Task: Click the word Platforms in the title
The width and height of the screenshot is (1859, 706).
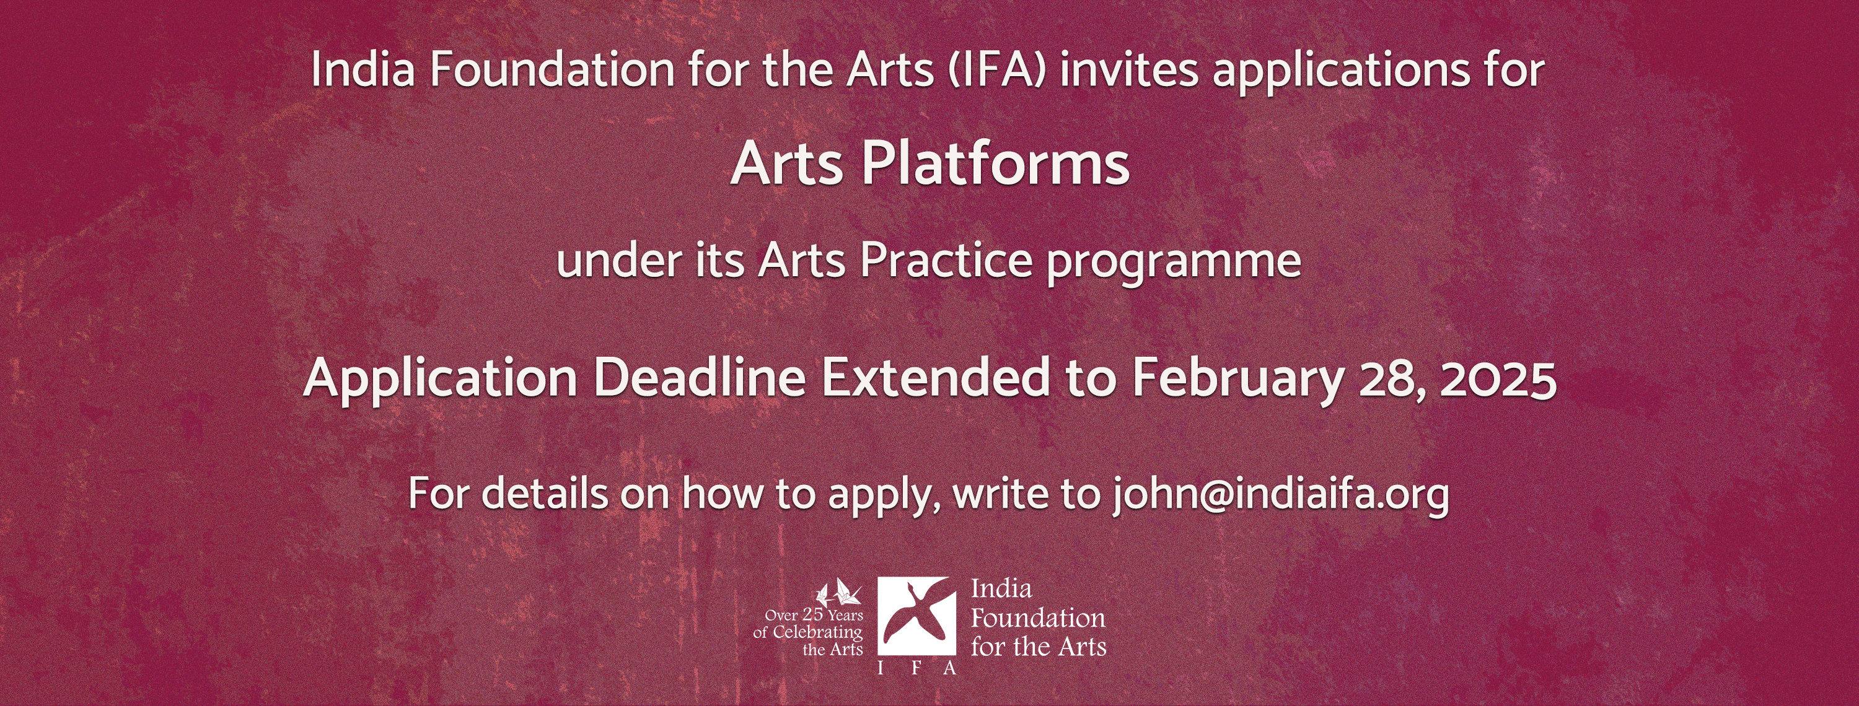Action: pos(995,163)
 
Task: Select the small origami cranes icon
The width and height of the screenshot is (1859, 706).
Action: pos(838,593)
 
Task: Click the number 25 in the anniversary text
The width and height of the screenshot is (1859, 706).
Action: pos(812,614)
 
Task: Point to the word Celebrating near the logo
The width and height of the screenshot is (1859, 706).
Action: pos(817,633)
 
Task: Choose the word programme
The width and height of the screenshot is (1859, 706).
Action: pos(1174,264)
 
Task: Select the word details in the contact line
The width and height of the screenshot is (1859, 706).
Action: pos(545,494)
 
